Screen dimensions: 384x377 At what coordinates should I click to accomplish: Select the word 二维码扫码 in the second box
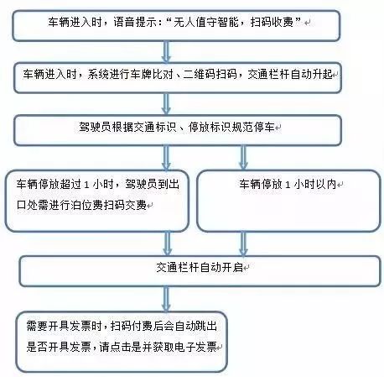click(x=210, y=75)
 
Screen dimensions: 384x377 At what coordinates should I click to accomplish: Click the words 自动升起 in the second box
click(x=312, y=75)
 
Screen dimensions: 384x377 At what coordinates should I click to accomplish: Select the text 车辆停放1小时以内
click(x=288, y=185)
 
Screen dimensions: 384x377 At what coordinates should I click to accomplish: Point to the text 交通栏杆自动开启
click(x=200, y=268)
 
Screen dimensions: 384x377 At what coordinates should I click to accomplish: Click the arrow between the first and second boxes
click(x=166, y=52)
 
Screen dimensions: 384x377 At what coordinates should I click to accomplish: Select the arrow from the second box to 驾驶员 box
click(x=166, y=104)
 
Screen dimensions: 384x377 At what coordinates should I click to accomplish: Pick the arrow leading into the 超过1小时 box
click(x=166, y=158)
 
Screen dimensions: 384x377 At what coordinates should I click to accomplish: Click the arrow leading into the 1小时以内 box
click(x=243, y=158)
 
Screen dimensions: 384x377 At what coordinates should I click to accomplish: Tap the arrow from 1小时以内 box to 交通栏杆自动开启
click(x=243, y=244)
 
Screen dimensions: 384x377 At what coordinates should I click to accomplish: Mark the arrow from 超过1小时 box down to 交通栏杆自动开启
click(x=167, y=244)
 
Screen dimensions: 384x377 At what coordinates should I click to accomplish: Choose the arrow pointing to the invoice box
click(x=166, y=299)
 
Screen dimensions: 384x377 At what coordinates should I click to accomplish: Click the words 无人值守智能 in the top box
click(x=205, y=22)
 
